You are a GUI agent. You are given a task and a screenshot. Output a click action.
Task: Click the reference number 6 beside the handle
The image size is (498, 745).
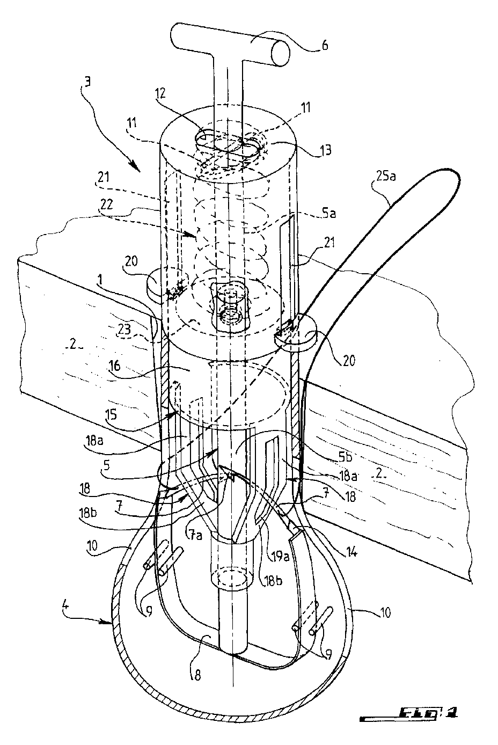click(x=325, y=46)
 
